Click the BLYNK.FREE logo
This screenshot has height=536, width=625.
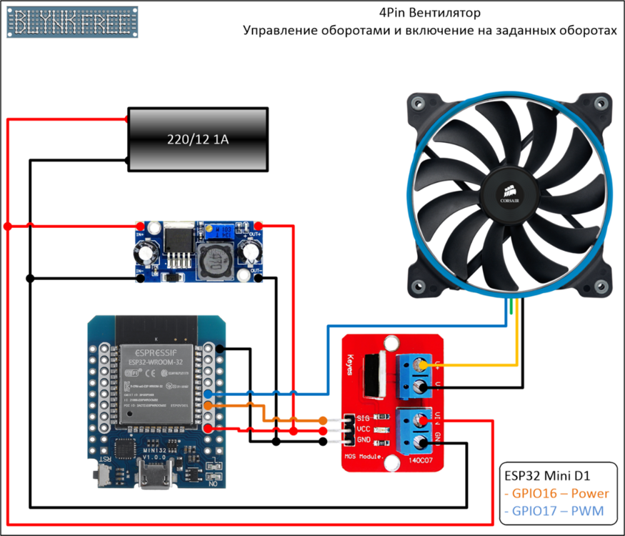[x=72, y=22]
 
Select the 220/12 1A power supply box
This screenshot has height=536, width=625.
[x=197, y=139]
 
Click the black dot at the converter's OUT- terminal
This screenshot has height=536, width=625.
[x=258, y=277]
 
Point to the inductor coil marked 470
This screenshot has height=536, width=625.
[x=214, y=262]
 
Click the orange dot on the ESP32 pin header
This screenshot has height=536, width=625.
[x=208, y=406]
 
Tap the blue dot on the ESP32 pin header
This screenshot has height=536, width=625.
[x=208, y=394]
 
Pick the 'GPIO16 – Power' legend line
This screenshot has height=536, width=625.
[x=556, y=493]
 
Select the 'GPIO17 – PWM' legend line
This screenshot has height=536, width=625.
[x=553, y=511]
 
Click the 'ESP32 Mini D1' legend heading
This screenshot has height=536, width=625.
[x=547, y=475]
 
